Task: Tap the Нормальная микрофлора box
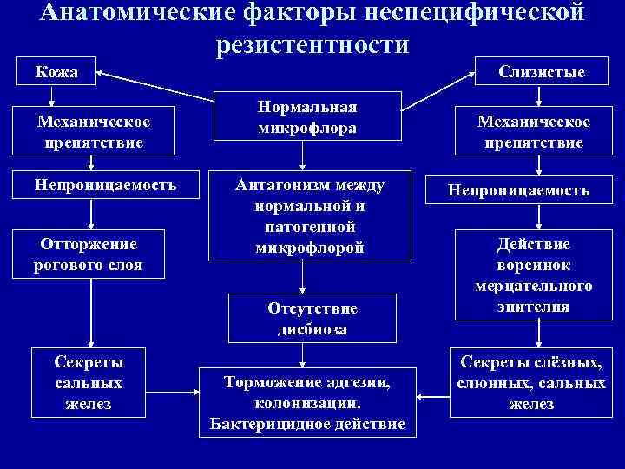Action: point(307,117)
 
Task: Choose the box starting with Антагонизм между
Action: point(309,216)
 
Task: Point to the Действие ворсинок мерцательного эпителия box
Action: point(534,274)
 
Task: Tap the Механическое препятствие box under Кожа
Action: point(95,131)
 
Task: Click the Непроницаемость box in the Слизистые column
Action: point(518,190)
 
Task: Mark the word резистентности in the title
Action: point(312,44)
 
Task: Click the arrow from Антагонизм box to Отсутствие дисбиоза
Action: point(301,277)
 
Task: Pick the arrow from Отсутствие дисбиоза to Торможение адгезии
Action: point(301,354)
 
